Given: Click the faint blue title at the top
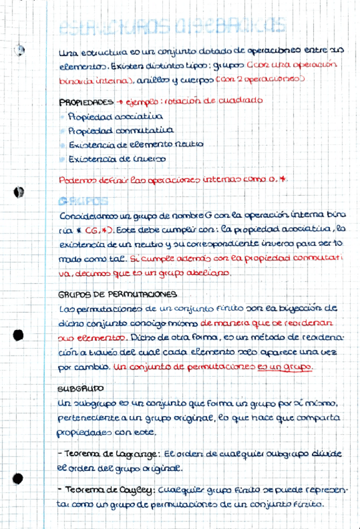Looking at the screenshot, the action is tap(172, 27).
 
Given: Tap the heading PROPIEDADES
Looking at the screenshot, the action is tap(85, 102).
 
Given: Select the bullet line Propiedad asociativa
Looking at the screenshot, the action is tap(116, 116).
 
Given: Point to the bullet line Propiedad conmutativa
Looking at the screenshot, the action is tap(120, 130).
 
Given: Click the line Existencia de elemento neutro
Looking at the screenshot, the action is tap(135, 144).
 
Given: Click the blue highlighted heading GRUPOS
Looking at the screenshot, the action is tap(82, 201).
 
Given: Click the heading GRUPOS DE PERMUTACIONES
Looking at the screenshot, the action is tap(117, 293).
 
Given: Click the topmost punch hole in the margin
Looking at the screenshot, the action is tap(21, 50).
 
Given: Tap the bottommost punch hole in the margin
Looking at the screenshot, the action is tap(18, 479).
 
